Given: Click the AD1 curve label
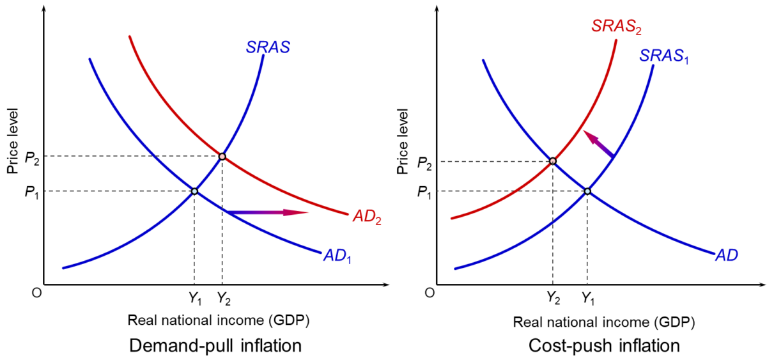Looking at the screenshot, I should [337, 256].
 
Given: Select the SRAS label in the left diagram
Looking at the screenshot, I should [268, 47].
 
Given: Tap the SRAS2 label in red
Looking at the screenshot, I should [616, 26].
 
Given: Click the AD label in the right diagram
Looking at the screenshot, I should [727, 255].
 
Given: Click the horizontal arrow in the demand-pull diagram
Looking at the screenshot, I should [267, 212].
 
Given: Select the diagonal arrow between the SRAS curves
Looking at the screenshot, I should [599, 144].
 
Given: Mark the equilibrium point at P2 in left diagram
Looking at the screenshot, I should [222, 156].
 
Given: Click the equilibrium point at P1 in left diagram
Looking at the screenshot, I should [194, 191].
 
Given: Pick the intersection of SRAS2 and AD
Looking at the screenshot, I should [553, 161].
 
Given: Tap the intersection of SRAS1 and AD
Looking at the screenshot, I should [587, 191].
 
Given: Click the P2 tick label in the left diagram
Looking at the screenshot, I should [32, 157].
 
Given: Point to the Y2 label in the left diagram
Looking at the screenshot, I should [224, 298].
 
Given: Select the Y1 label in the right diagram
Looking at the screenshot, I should [588, 298].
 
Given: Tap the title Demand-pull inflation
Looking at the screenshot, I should [215, 346].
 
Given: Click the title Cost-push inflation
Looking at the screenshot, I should [604, 346].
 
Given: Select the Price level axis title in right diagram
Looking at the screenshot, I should [403, 141].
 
